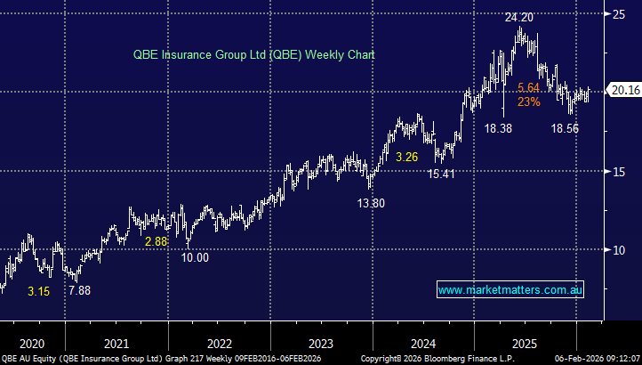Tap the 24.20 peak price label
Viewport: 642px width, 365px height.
coord(519,17)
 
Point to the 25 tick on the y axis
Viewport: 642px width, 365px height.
coord(617,13)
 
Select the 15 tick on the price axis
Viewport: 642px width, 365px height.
coord(617,172)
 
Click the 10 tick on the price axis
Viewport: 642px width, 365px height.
coord(617,250)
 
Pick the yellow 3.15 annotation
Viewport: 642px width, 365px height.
coord(39,290)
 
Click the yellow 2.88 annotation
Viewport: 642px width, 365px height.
coord(156,241)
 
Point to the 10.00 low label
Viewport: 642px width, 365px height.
coord(196,257)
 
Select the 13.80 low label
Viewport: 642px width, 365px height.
coord(371,203)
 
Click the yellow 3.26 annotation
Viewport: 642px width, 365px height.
coord(406,158)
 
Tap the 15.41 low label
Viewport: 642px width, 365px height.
coord(440,174)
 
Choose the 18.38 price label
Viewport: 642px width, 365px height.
coord(498,129)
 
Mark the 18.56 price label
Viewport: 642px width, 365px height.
coord(565,129)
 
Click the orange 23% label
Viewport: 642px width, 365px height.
coord(529,101)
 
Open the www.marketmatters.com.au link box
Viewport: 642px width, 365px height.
coord(510,290)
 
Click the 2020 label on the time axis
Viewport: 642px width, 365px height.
coord(31,343)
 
